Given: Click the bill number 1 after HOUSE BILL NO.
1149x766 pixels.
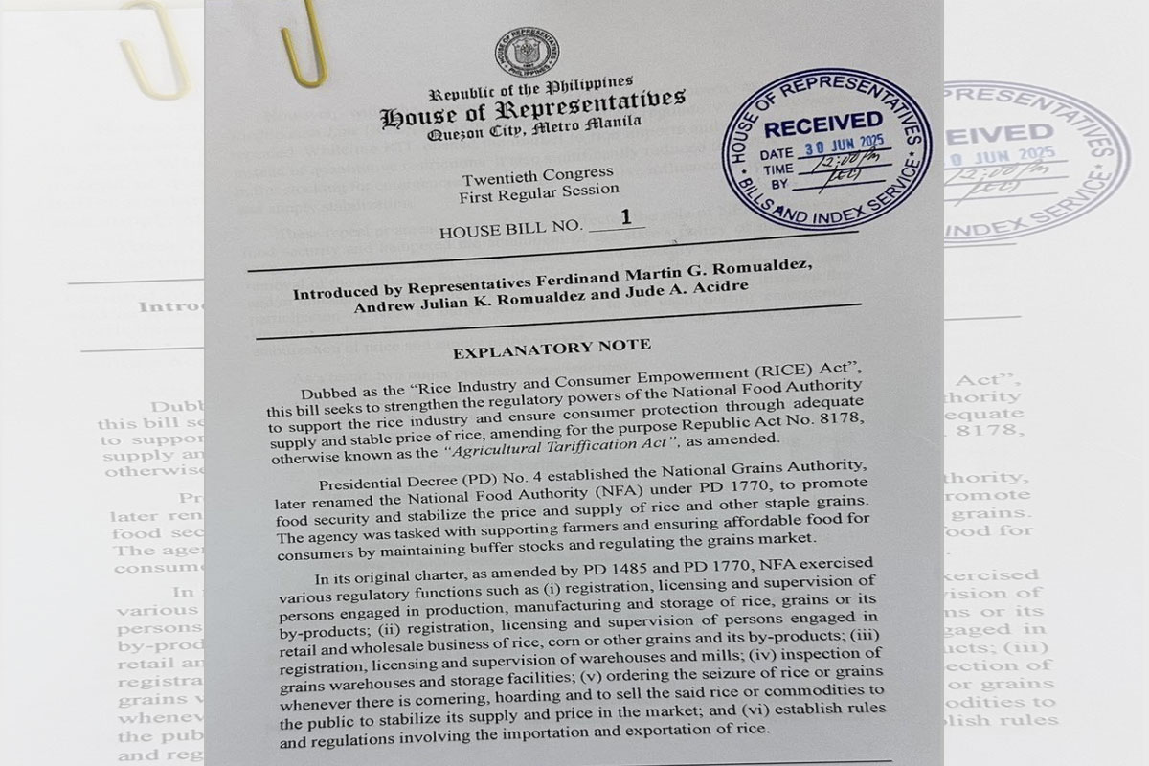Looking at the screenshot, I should coord(626,216).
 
